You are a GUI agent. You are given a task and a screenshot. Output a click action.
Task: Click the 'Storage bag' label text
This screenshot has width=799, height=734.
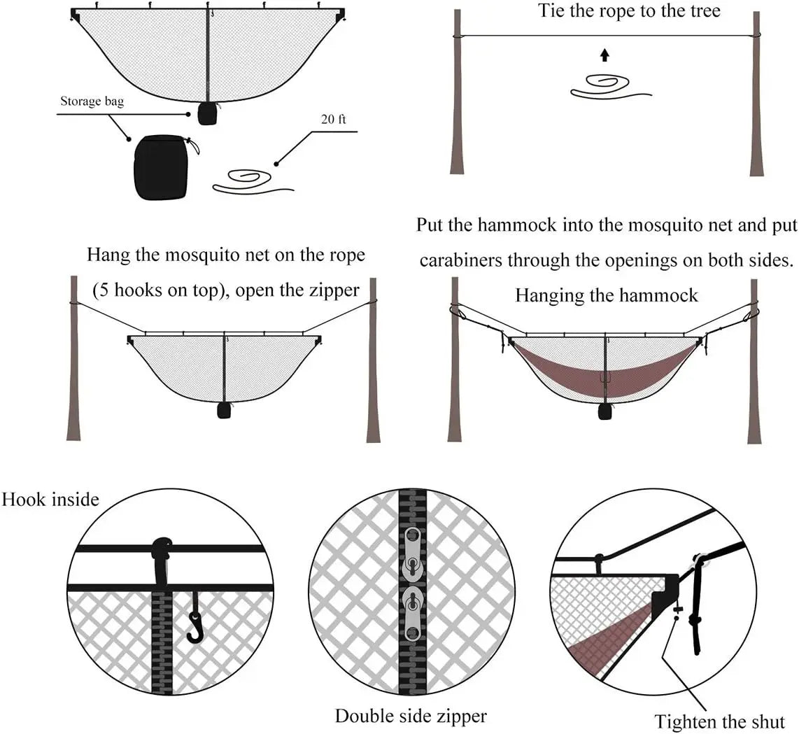92,102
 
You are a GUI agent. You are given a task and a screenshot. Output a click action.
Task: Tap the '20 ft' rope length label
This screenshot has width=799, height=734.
333,119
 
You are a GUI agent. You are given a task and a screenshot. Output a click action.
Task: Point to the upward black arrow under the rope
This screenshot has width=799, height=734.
604,56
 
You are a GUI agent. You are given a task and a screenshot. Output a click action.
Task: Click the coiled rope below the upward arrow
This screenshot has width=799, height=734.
605,86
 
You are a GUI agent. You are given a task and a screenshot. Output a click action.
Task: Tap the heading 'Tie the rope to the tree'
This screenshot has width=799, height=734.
629,11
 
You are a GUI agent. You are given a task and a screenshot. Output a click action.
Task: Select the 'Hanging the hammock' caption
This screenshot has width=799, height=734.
606,295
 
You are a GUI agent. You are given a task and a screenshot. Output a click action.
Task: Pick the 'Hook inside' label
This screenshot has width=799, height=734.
50,500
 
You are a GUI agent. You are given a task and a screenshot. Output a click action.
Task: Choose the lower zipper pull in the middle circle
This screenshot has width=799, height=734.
412,612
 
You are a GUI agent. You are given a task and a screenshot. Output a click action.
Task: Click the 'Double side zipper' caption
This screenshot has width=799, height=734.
411,716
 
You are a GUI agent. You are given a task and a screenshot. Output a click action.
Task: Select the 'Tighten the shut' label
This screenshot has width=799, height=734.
720,721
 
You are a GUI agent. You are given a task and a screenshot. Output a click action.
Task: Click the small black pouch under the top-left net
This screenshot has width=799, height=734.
206,113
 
